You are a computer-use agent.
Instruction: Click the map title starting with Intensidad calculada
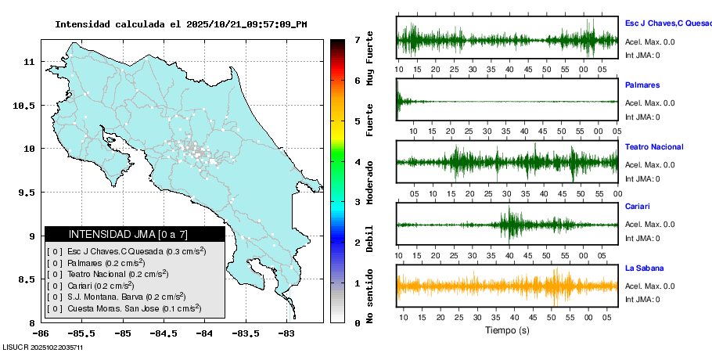(181, 24)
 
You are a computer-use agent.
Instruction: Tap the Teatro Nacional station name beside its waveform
(654, 147)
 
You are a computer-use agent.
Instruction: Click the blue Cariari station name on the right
(638, 207)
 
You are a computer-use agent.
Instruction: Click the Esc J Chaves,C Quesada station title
(667, 23)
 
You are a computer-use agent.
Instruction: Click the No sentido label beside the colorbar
(370, 297)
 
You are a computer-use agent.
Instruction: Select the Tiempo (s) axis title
(507, 331)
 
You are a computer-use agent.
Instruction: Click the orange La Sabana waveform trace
(507, 286)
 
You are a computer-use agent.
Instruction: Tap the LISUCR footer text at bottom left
(43, 347)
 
